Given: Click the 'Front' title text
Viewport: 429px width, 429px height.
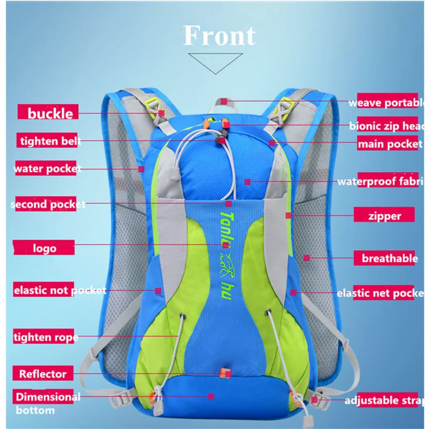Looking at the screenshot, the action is tap(219, 36).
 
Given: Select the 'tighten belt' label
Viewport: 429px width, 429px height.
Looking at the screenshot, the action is tap(49, 141).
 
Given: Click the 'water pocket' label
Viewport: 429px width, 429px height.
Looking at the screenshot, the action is tap(47, 169).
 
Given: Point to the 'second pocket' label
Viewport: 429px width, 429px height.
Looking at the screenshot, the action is tap(48, 204).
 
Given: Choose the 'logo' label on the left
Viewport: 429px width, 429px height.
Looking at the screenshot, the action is tap(45, 248).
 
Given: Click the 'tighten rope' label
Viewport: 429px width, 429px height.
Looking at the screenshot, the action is tap(46, 337).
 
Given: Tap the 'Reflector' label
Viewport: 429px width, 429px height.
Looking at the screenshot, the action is tap(43, 374).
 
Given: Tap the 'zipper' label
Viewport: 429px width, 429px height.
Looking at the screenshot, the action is tap(384, 216).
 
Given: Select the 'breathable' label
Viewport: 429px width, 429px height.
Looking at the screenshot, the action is tap(389, 258).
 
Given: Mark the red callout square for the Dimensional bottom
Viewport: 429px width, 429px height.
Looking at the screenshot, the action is tap(211, 396).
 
